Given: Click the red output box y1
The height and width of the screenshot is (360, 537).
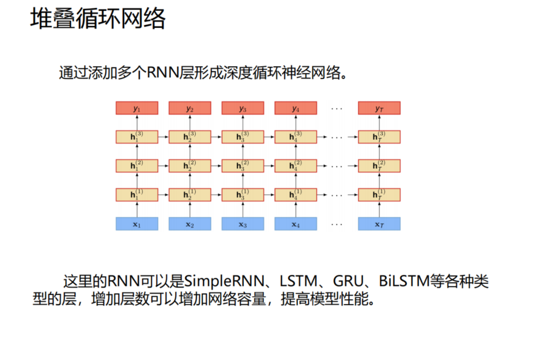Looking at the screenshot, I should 137,108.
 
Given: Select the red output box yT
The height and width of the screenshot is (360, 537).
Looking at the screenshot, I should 379,108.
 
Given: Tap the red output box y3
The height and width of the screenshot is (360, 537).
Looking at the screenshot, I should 243,108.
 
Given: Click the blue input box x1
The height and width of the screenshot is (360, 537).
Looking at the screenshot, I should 137,224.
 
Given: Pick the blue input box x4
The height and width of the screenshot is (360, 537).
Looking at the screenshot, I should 296,224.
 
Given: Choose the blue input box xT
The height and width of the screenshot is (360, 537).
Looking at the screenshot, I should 379,224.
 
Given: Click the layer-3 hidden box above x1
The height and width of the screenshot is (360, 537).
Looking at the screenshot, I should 137,137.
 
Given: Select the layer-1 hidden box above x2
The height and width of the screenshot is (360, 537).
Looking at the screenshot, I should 190,195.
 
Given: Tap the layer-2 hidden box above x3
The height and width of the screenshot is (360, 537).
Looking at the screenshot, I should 243,165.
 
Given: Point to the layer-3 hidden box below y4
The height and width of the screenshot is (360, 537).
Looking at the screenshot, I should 296,137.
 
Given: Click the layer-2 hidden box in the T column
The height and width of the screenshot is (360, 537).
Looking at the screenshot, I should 379,165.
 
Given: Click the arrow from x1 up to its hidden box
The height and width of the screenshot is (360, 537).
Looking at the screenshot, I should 137,209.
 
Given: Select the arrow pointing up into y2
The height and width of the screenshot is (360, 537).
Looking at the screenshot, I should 190,122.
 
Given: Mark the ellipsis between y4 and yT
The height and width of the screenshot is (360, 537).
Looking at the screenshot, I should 337,109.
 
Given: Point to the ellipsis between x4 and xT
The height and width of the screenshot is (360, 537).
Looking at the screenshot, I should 337,224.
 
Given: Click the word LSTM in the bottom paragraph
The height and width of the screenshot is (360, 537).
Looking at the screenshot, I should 299,282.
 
